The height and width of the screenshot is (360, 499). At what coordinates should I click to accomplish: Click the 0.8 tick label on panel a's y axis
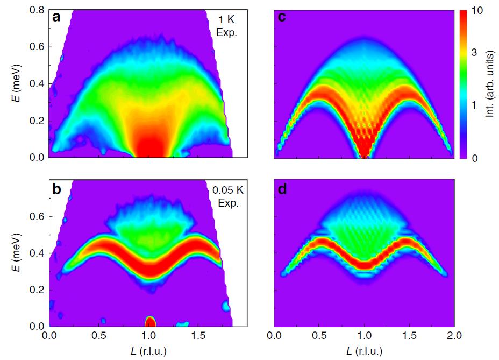pos(37,9)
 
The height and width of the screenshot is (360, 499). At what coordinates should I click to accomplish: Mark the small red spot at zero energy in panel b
pos(150,321)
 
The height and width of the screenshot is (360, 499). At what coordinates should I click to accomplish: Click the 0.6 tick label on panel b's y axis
pos(37,216)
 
